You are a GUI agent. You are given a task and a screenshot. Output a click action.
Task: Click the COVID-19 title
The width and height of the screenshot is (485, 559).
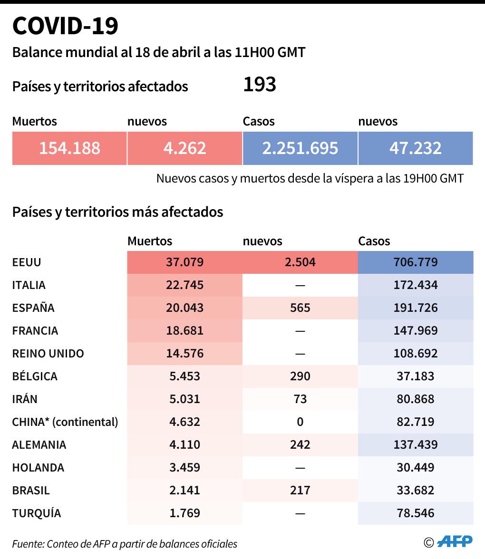click(x=65, y=26)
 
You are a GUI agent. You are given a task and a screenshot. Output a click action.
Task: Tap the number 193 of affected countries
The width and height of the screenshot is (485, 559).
click(x=260, y=85)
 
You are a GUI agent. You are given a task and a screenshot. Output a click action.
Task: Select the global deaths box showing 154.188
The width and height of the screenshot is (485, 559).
click(x=69, y=148)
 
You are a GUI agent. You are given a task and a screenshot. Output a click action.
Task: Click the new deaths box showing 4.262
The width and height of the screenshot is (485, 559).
click(x=184, y=148)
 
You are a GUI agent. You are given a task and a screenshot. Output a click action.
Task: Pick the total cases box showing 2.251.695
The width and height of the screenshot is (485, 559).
click(x=300, y=148)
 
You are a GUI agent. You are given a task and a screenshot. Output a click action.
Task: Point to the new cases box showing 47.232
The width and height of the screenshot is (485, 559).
click(x=415, y=148)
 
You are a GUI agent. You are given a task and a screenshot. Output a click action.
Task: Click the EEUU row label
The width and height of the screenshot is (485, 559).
click(x=27, y=262)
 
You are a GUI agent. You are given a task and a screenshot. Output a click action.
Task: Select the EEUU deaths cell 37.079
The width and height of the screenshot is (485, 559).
click(x=184, y=262)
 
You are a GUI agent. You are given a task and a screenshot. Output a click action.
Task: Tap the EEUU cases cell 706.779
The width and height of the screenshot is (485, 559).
click(x=415, y=262)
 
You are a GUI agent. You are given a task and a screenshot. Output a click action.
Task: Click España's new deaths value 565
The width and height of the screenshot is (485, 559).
click(x=300, y=308)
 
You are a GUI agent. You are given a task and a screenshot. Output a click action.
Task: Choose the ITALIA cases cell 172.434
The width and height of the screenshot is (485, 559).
click(x=415, y=285)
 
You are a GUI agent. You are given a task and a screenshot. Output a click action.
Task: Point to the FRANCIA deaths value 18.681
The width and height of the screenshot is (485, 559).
click(x=184, y=331)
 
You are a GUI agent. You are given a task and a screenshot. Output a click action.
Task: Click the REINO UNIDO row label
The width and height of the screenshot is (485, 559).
click(x=48, y=354)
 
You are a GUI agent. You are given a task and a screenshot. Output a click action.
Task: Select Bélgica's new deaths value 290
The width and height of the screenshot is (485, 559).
click(x=300, y=376)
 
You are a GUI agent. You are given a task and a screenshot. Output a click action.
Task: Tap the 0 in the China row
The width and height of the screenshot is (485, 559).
click(x=300, y=422)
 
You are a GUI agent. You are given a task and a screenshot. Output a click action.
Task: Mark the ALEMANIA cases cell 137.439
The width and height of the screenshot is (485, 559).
click(x=415, y=445)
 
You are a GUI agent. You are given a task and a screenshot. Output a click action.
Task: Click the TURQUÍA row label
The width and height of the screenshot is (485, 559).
click(x=37, y=513)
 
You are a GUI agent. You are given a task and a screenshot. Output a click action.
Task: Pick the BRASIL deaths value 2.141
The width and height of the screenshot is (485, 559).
click(x=184, y=491)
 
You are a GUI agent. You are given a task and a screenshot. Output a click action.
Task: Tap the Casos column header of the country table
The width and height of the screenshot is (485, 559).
click(x=374, y=241)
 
